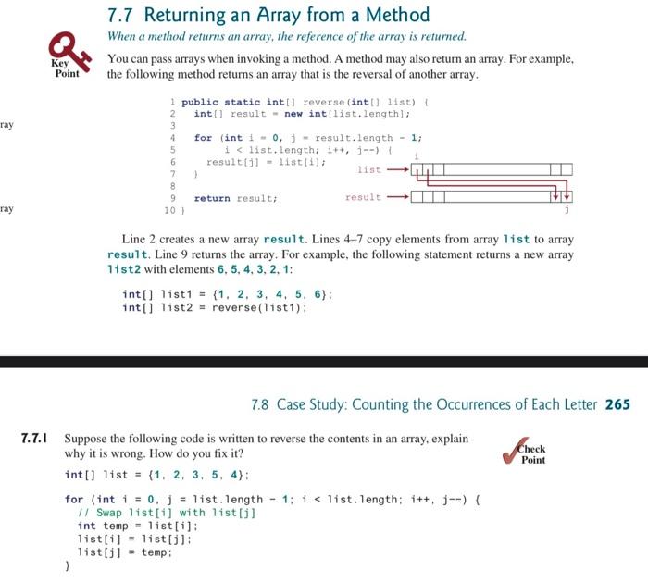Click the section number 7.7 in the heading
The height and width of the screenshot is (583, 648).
(x=119, y=16)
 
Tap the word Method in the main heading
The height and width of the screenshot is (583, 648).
(x=397, y=15)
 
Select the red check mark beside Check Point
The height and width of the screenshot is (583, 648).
(x=515, y=451)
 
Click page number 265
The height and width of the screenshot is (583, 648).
(x=617, y=404)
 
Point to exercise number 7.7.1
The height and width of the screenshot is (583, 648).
(x=34, y=438)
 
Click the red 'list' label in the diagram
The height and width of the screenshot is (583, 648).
(x=369, y=169)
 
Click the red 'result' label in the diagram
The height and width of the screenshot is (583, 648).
(x=363, y=197)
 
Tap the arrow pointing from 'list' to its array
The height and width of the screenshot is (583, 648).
(x=397, y=169)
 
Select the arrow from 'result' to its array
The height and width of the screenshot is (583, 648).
(x=397, y=197)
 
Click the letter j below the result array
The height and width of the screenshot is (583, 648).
(x=567, y=209)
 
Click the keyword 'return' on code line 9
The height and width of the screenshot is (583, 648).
(x=212, y=198)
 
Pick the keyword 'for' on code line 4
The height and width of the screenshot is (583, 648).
(x=203, y=138)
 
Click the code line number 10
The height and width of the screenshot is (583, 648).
(x=169, y=210)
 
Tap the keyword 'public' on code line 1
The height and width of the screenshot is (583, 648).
(x=200, y=102)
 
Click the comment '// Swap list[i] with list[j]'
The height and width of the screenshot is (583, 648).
(x=167, y=513)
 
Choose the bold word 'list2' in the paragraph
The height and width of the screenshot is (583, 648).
(x=124, y=269)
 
